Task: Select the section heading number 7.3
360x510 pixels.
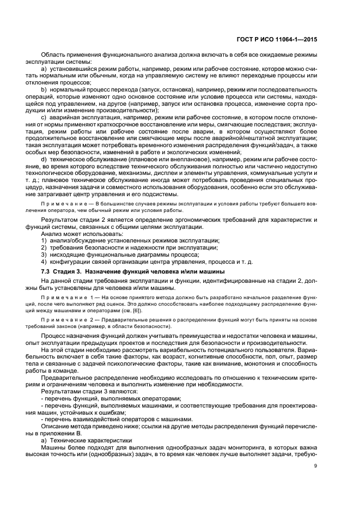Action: tap(47, 271)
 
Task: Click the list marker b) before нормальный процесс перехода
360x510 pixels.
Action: tap(44, 88)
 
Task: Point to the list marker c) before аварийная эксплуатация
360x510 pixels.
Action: tap(44, 119)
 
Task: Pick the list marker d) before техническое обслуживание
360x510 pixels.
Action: tap(44, 173)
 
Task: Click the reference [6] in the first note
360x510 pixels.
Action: tap(140, 310)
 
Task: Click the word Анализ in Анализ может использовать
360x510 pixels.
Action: tap(52, 234)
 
